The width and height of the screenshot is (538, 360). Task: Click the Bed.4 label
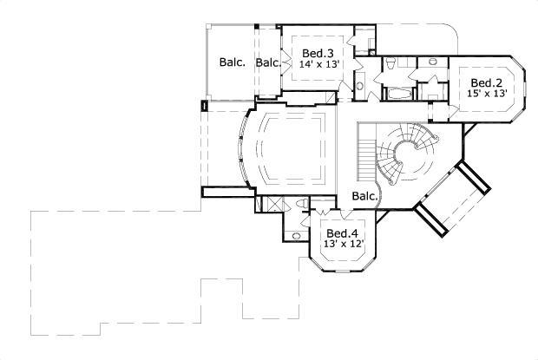342,233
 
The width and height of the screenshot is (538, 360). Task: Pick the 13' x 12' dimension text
342,245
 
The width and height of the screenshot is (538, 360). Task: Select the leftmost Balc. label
232,62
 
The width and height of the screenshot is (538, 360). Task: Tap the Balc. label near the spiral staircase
364,197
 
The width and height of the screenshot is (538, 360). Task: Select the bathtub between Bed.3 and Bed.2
399,92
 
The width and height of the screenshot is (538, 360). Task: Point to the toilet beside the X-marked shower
299,204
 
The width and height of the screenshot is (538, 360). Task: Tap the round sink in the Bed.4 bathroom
296,235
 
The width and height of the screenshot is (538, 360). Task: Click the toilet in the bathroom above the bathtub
390,64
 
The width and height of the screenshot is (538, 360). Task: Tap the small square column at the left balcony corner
203,107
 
